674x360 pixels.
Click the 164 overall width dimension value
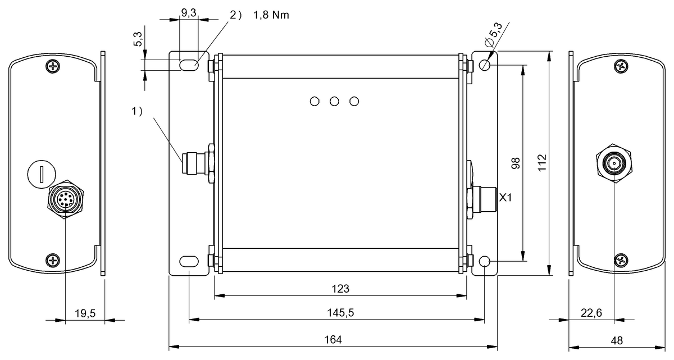[333, 340]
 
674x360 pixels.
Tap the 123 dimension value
[340, 289]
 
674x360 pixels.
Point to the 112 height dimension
[540, 163]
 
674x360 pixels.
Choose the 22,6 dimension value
[591, 312]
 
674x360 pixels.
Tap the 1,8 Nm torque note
[271, 15]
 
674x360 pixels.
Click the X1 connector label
[505, 198]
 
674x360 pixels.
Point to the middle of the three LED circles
[334, 101]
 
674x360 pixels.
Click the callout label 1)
[138, 111]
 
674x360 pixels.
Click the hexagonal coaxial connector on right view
[613, 163]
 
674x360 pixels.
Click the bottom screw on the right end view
[621, 259]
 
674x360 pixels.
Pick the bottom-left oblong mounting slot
[188, 261]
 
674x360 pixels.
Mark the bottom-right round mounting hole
[485, 262]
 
